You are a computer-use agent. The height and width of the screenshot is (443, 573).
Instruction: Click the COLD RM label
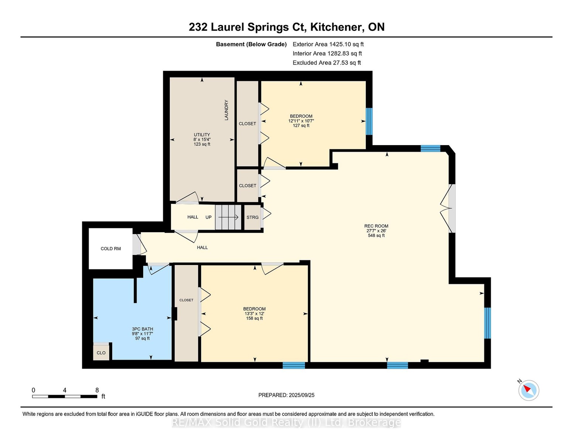(111, 248)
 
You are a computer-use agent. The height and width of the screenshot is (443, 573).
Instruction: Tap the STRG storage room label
(253, 217)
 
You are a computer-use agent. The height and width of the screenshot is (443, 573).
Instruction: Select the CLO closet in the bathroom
(101, 353)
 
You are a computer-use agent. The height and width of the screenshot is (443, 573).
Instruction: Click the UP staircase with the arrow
(228, 217)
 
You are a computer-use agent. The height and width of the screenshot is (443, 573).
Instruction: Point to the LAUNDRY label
(226, 110)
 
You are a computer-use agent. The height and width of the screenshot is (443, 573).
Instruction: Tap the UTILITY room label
(202, 135)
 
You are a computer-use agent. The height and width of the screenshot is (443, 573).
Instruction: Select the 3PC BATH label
(143, 329)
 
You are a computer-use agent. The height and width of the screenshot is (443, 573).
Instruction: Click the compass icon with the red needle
(528, 390)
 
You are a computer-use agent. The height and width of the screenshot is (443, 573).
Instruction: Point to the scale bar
(65, 396)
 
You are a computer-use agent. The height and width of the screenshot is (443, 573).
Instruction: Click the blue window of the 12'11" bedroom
(369, 121)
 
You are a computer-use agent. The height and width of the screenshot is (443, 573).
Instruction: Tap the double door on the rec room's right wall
(448, 209)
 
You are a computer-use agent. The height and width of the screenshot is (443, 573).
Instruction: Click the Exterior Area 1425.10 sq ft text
(328, 44)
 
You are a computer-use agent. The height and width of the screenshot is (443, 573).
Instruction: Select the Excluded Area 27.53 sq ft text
(327, 63)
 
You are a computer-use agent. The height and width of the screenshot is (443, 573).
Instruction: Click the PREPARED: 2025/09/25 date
(286, 395)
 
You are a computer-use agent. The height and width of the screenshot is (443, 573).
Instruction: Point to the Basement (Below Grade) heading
(251, 44)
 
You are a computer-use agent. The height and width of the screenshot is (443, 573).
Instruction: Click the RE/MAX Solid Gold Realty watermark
(286, 422)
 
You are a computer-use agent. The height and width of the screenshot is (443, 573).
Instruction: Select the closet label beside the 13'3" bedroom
(186, 300)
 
